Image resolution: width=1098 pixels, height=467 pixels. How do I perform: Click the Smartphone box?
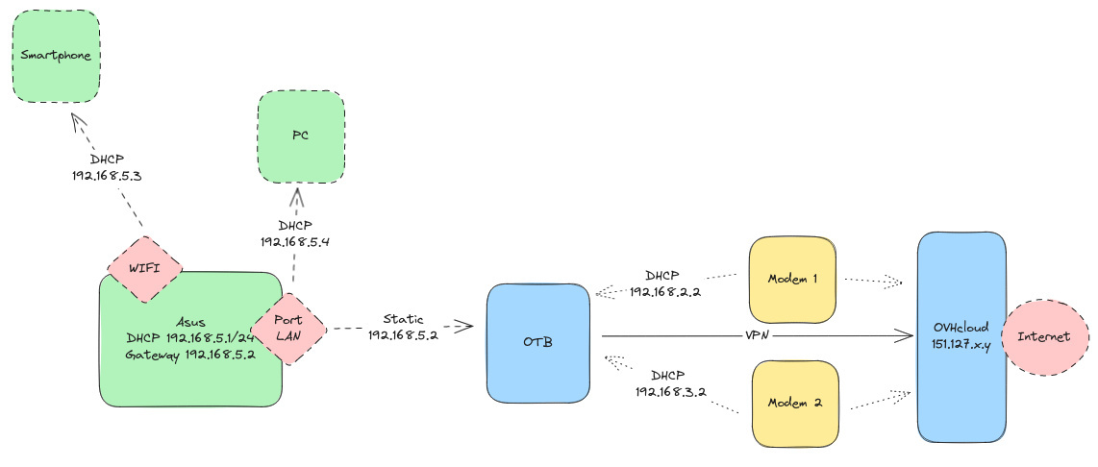pyautogui.click(x=56, y=56)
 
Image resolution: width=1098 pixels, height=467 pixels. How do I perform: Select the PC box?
pyautogui.click(x=300, y=136)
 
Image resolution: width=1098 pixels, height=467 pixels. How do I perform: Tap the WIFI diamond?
pyautogui.click(x=143, y=268)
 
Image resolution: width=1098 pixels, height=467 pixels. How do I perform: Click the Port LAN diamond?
pyautogui.click(x=288, y=329)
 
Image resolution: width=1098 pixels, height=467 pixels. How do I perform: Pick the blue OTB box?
pyautogui.click(x=537, y=342)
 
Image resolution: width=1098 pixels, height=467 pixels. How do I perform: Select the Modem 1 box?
pyautogui.click(x=793, y=280)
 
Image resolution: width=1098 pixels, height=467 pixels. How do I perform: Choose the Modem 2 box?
pyautogui.click(x=793, y=403)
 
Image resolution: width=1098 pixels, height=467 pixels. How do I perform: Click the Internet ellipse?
pyautogui.click(x=1043, y=337)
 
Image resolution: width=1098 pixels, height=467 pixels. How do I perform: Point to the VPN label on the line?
pyautogui.click(x=757, y=335)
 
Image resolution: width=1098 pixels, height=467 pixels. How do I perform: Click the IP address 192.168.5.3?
pyautogui.click(x=107, y=177)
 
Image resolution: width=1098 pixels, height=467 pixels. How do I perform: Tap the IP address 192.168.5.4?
pyautogui.click(x=295, y=242)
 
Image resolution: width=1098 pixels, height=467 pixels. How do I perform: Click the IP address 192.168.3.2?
pyautogui.click(x=672, y=392)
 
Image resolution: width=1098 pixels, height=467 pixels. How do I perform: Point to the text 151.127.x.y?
pyautogui.click(x=961, y=343)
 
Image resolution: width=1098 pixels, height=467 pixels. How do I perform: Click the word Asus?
pyautogui.click(x=190, y=321)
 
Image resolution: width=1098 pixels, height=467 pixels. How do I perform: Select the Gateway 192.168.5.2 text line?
pyautogui.click(x=188, y=355)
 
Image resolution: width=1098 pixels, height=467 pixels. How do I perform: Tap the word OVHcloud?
pyautogui.click(x=961, y=327)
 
